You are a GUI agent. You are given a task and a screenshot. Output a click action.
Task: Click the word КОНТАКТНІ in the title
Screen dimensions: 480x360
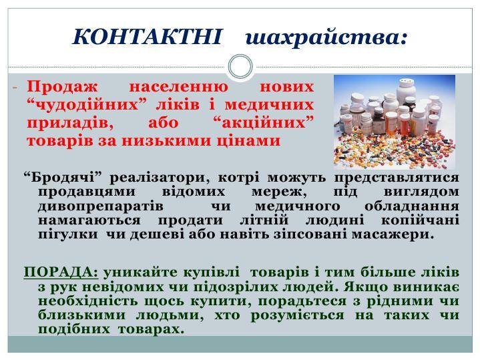tap(147, 37)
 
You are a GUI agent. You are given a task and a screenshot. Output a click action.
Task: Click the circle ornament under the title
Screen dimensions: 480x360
tap(240, 67)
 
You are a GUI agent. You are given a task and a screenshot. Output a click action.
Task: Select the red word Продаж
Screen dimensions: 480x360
tap(63, 87)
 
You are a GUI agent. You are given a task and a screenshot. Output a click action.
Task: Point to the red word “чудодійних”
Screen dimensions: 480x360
tap(88, 105)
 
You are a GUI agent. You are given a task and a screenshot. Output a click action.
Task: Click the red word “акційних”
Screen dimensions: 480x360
tap(263, 123)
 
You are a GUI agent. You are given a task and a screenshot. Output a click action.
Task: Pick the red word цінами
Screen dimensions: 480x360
tap(249, 141)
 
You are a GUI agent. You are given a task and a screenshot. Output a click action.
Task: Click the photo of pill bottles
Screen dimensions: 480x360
tap(395, 122)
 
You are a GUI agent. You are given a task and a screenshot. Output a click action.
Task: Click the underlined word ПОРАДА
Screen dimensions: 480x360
tap(61, 272)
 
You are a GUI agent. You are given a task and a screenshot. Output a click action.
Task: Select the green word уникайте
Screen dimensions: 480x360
tap(142, 273)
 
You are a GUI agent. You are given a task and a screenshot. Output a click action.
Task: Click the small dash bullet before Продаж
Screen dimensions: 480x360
tap(15, 88)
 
